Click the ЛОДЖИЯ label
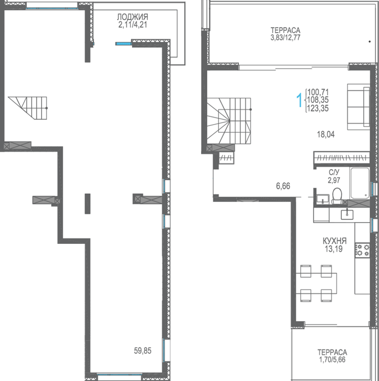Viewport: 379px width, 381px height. click(133, 17)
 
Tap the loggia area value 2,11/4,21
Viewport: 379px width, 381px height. click(133, 25)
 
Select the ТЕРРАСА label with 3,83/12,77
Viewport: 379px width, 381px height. click(286, 30)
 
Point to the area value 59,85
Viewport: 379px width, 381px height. click(143, 351)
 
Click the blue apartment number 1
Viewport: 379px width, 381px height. click(299, 100)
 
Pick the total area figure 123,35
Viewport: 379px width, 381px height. click(318, 108)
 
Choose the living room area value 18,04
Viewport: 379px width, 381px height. click(326, 134)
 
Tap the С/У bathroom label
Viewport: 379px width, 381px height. click(334, 173)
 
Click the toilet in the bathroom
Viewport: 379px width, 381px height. click(337, 196)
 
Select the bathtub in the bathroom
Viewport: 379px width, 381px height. click(360, 183)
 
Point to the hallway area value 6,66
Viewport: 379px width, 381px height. click(283, 186)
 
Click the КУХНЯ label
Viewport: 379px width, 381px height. click(334, 241)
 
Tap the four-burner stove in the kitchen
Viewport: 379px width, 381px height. click(362, 250)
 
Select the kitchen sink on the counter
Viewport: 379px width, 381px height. click(347, 214)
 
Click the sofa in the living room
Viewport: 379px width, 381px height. click(359, 107)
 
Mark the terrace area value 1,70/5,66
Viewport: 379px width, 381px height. click(332, 359)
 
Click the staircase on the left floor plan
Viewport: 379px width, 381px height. click(28, 108)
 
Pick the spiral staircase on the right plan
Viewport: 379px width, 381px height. click(229, 120)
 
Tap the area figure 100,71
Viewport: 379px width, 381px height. click(318, 92)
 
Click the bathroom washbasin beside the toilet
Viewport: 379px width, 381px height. click(323, 199)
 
